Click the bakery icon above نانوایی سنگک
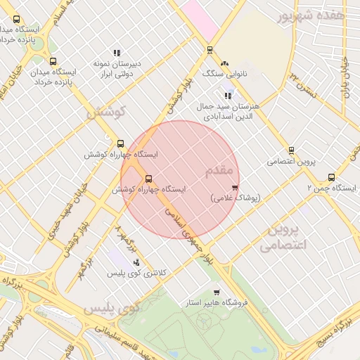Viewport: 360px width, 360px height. (224, 64)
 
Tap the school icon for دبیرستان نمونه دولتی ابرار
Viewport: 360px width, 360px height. (117, 53)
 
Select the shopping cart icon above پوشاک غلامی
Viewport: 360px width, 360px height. (234, 188)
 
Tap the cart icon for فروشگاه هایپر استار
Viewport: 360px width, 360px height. (217, 292)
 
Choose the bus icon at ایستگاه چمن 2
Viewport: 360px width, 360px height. (331, 177)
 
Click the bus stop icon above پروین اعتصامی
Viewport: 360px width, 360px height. (291, 150)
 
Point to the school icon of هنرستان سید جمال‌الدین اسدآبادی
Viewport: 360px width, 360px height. (227, 96)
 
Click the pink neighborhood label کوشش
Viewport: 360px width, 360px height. (105, 112)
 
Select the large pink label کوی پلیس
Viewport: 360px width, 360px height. (112, 308)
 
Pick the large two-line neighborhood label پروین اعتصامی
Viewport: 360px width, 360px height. (281, 238)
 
